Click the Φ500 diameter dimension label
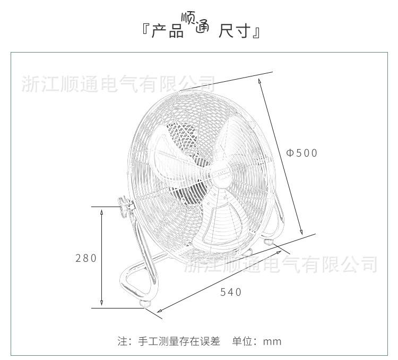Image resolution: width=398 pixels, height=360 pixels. (x=301, y=153)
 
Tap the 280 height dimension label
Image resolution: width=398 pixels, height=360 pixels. (x=86, y=258)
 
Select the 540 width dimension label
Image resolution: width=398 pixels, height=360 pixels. (x=231, y=292)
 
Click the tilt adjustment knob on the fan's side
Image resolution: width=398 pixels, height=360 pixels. (x=125, y=205)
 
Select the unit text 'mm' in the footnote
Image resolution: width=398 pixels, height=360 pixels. (x=272, y=341)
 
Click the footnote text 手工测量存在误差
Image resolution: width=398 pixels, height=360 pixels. (x=179, y=341)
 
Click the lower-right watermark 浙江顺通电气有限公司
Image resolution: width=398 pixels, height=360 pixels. (x=281, y=263)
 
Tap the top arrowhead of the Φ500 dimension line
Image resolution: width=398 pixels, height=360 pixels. (x=259, y=81)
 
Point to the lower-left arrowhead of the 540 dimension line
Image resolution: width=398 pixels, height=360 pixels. (x=157, y=312)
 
